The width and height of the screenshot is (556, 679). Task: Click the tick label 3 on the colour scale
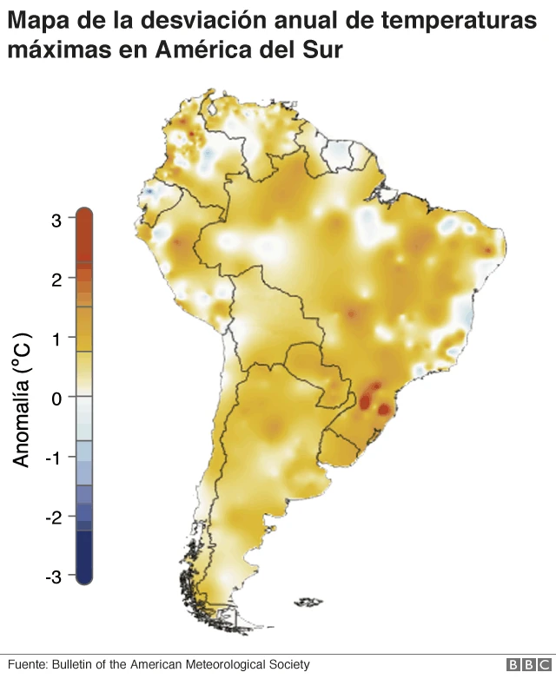pos(56,221)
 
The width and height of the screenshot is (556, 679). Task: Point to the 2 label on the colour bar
pos(56,280)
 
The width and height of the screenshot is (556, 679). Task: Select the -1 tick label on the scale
pos(53,458)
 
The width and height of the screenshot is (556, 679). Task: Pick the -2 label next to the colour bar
pos(53,517)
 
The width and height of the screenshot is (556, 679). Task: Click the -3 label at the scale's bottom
pos(53,576)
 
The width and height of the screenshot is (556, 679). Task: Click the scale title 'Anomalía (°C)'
pos(23,399)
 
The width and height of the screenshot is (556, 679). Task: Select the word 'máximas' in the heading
pos(51,50)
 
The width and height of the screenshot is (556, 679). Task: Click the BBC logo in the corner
pos(525,664)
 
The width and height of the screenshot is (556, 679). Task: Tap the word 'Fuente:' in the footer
pos(27,664)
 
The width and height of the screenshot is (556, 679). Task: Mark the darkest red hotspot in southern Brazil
pos(383,408)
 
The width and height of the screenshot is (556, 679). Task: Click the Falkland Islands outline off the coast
pos(309,601)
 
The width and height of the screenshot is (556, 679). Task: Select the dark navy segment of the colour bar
pos(83,556)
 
